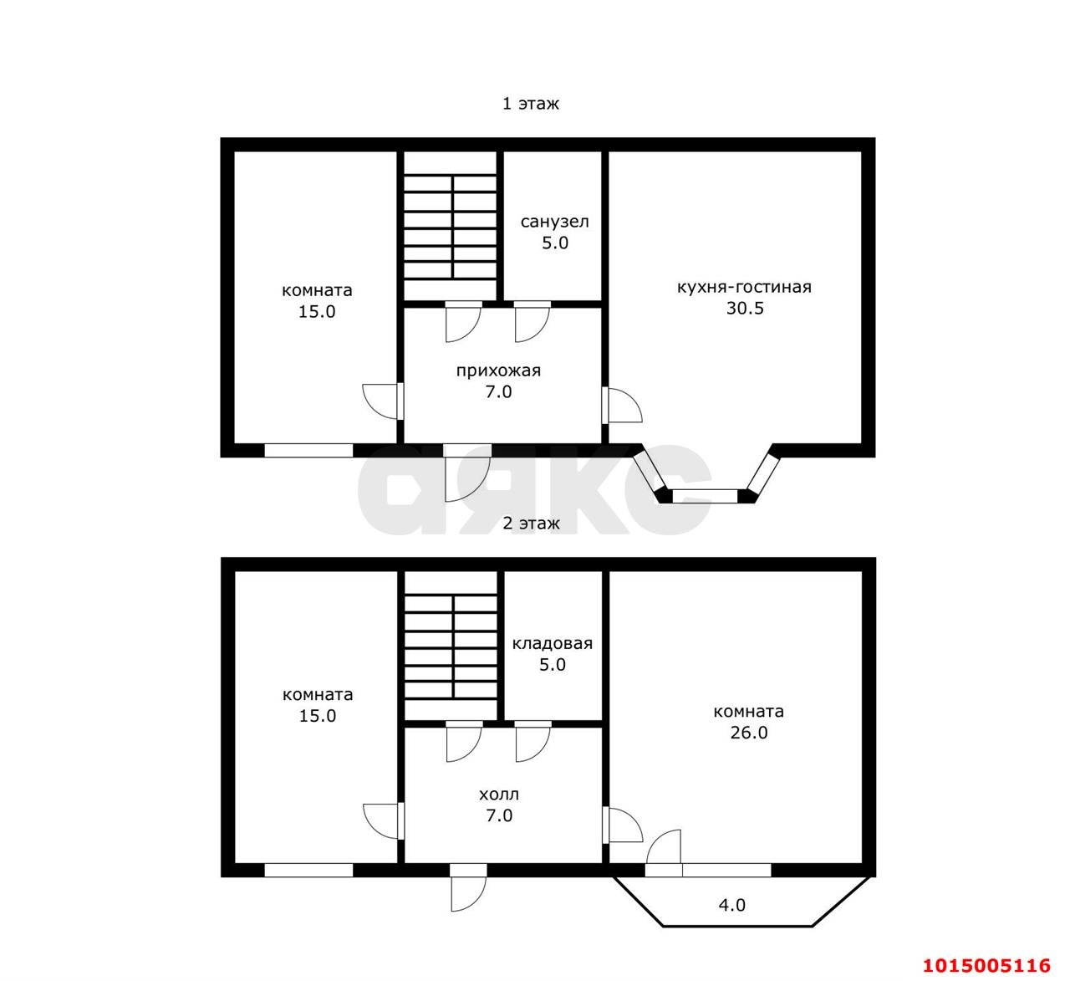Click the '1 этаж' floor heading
coord(530,104)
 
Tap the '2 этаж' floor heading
coord(531,523)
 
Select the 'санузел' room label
coord(555,222)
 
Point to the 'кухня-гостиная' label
coord(744,287)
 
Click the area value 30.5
coord(745,308)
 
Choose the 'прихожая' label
coord(498,370)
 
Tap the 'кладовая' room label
coord(553,644)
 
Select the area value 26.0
coord(749,733)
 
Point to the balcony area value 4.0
coord(731,905)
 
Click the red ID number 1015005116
coord(986,965)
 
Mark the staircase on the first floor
coord(451,227)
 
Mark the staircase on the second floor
coord(451,646)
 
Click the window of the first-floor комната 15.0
coord(308,451)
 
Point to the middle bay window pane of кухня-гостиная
coord(705,496)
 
